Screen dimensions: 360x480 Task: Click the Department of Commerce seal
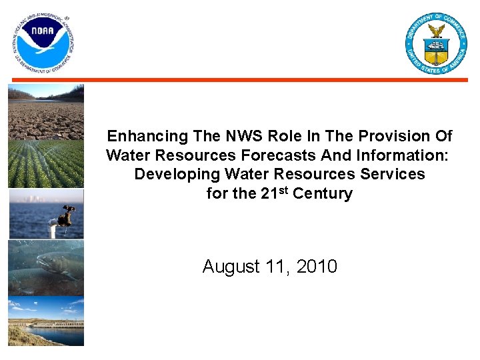tap(436, 43)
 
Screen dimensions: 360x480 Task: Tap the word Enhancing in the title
tap(148, 137)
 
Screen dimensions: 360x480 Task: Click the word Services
tap(393, 174)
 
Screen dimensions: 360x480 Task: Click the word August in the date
tap(231, 267)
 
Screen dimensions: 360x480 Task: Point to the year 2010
tap(317, 267)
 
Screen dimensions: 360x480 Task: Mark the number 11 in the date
tap(276, 267)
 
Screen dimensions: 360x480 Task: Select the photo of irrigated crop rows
tap(46, 163)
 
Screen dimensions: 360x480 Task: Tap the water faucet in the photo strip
tap(63, 217)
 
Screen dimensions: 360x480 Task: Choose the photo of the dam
tap(46, 323)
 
